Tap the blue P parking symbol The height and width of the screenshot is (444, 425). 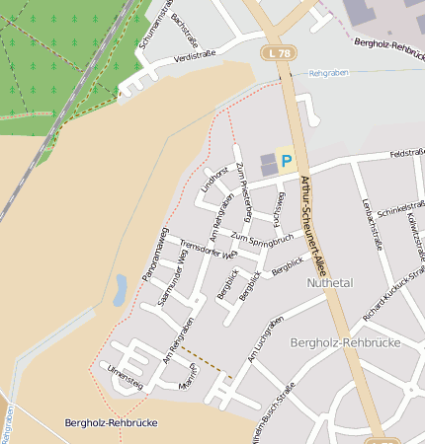click(287, 160)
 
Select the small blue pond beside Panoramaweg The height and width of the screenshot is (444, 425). click(121, 288)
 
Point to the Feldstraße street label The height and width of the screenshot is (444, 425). click(407, 154)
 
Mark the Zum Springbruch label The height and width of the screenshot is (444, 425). click(261, 238)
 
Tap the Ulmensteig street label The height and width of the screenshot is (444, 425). click(125, 376)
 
